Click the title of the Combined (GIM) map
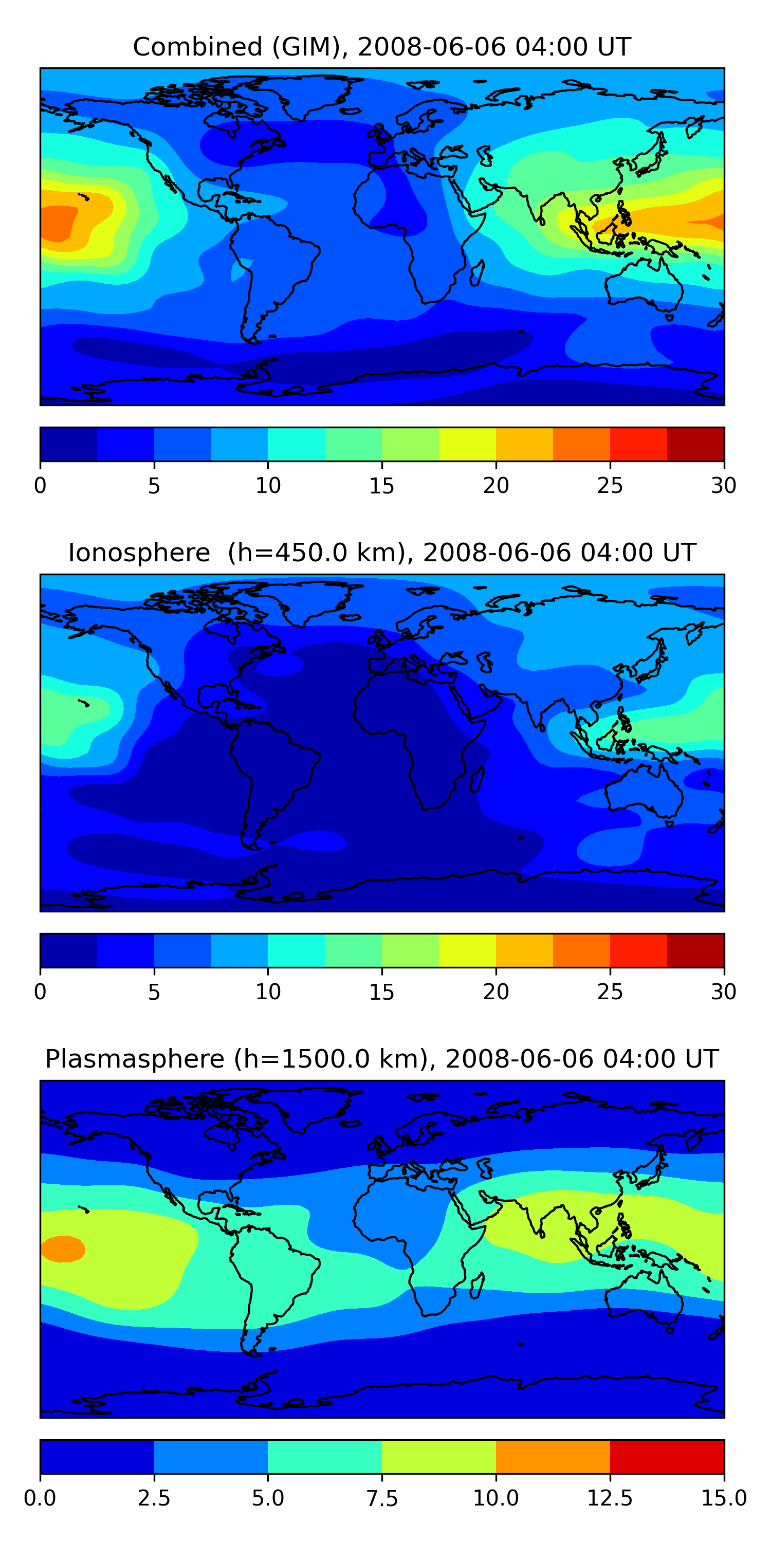[382, 47]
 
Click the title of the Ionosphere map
[382, 553]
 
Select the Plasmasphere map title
[382, 1059]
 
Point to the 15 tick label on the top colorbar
[382, 485]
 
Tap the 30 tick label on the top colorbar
[723, 485]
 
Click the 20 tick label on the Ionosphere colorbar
[495, 992]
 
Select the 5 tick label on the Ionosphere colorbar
[154, 992]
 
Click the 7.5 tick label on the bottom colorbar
[382, 1498]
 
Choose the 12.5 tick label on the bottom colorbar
[610, 1498]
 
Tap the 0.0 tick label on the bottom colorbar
[40, 1498]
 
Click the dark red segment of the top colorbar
[695, 444]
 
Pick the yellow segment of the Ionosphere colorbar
[467, 950]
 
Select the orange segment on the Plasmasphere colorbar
[553, 1456]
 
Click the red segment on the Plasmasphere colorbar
[667, 1456]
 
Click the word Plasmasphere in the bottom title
[135, 1059]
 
